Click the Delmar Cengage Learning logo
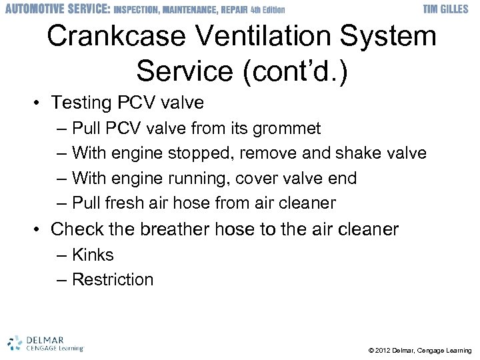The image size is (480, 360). point(45,342)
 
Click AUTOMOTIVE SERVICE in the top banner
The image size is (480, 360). point(56,9)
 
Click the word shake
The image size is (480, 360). point(357,153)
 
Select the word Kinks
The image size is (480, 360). point(93,255)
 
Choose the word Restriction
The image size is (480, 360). point(113,279)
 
